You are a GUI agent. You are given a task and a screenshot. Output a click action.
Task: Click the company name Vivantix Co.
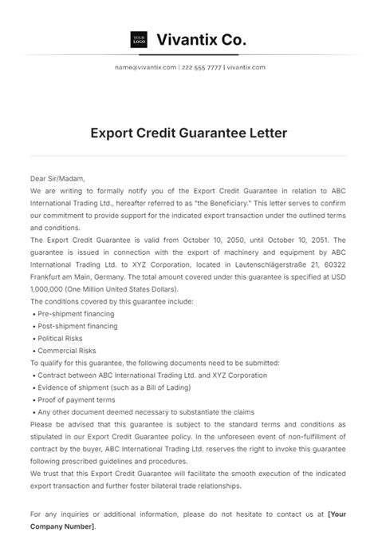tap(202, 38)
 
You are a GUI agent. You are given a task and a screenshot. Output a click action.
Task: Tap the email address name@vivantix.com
tap(145, 67)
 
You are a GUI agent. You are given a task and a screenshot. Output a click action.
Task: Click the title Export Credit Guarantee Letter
tap(188, 132)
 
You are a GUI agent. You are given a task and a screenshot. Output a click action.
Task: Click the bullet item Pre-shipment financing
tap(76, 314)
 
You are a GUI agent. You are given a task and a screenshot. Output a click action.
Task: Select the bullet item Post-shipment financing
tap(77, 326)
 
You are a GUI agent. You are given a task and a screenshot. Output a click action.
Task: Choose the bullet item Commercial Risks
tap(67, 351)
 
